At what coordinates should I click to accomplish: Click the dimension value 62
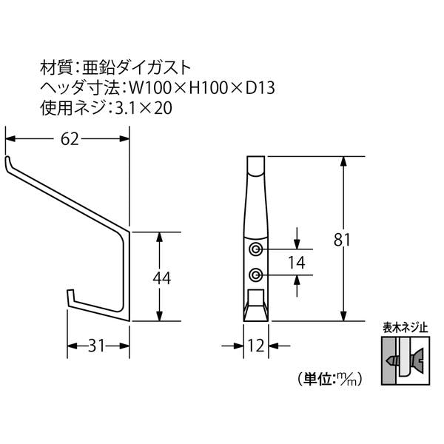click(70, 139)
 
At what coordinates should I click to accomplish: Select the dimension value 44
click(161, 277)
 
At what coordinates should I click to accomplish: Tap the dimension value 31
click(96, 346)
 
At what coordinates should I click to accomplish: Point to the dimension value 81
click(342, 240)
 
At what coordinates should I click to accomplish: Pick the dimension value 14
click(297, 263)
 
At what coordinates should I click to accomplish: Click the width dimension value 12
click(256, 346)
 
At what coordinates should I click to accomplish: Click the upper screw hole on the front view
click(256, 249)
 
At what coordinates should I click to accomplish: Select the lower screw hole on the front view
click(256, 275)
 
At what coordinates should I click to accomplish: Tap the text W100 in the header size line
click(150, 88)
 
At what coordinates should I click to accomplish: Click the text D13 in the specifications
click(260, 88)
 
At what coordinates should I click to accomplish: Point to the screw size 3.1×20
click(144, 109)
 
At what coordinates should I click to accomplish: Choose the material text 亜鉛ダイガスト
click(137, 67)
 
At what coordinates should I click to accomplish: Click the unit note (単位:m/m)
click(330, 378)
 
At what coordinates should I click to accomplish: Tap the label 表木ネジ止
click(406, 328)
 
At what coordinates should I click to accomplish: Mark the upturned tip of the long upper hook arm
click(7, 158)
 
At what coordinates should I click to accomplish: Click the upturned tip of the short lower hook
click(70, 292)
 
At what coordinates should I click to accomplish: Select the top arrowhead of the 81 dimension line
click(343, 161)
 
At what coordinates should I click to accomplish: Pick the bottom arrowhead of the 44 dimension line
click(160, 316)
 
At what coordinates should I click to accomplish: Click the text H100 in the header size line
click(209, 88)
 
